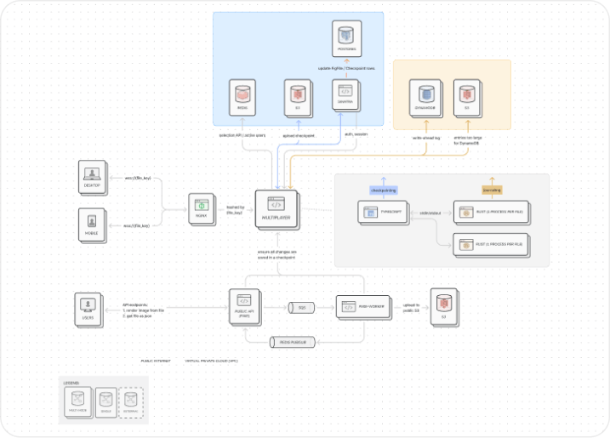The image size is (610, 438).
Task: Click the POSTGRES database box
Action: (x=345, y=40)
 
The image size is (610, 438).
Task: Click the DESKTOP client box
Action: (x=92, y=175)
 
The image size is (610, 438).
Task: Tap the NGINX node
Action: (x=202, y=208)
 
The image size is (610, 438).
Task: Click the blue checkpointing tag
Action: (x=383, y=190)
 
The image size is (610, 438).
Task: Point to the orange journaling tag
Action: (x=492, y=190)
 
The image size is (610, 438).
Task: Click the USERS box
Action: (x=88, y=307)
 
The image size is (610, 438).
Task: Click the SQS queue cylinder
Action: (x=302, y=307)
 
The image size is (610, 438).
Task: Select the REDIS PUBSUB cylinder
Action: (x=293, y=342)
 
